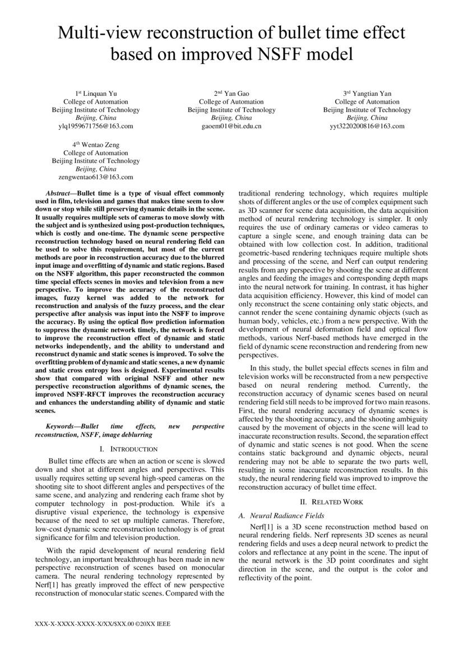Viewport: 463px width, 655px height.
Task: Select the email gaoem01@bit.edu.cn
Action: pyautogui.click(x=231, y=127)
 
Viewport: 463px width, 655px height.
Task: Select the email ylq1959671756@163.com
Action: pyautogui.click(x=96, y=127)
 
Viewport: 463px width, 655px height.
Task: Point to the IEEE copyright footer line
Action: pyautogui.click(x=103, y=623)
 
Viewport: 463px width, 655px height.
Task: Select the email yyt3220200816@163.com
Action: pyautogui.click(x=367, y=127)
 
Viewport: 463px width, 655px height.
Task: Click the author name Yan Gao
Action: pyautogui.click(x=235, y=94)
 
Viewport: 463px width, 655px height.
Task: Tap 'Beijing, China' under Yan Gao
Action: pyautogui.click(x=231, y=118)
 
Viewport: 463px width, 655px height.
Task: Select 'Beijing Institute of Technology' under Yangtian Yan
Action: pyautogui.click(x=367, y=110)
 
